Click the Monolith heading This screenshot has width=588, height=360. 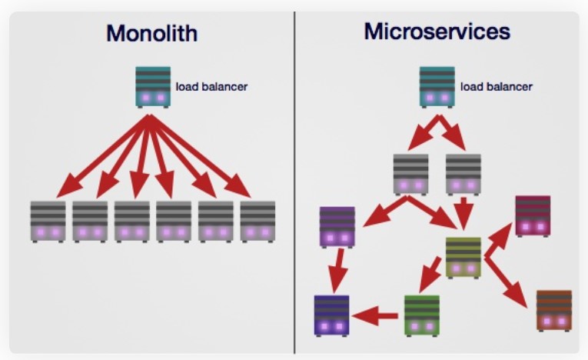tap(151, 34)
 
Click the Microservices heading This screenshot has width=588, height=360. tap(437, 32)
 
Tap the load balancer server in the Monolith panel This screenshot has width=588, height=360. tap(153, 85)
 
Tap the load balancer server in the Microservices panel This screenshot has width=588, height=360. tap(437, 85)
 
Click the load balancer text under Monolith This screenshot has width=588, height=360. tap(211, 87)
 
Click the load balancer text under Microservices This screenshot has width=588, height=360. tap(496, 87)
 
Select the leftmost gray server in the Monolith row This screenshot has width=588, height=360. tap(48, 222)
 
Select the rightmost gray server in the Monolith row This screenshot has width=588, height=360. tap(257, 222)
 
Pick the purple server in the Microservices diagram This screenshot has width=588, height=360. tap(337, 226)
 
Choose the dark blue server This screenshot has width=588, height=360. tap(331, 315)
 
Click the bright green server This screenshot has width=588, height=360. tap(422, 315)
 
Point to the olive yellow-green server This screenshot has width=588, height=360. tap(463, 256)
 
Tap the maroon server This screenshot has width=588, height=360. tap(533, 215)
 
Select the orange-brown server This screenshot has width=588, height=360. tap(553, 310)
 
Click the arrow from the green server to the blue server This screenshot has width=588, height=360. tap(377, 315)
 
